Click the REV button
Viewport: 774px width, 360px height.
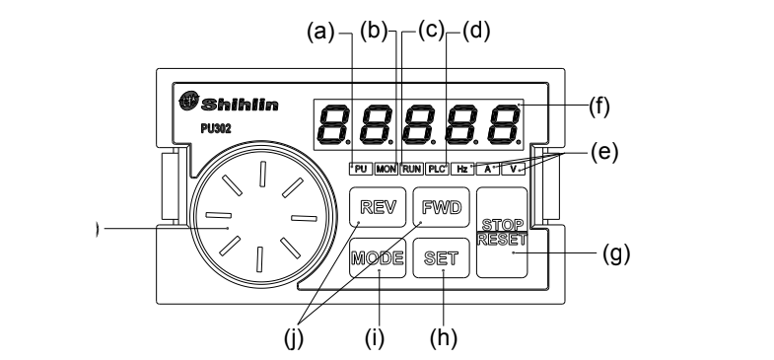coord(378,207)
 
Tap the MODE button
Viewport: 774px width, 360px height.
coord(378,257)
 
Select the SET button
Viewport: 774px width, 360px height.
coord(442,257)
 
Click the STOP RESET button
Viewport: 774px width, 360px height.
coord(502,232)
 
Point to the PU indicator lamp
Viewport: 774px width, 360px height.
coord(360,169)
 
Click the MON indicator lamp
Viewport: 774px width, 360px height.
coord(386,169)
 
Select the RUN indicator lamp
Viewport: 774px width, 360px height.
coord(411,169)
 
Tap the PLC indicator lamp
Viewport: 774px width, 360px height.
coord(437,169)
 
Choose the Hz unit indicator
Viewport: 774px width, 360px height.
coord(462,169)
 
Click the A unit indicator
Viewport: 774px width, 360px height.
coord(488,169)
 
